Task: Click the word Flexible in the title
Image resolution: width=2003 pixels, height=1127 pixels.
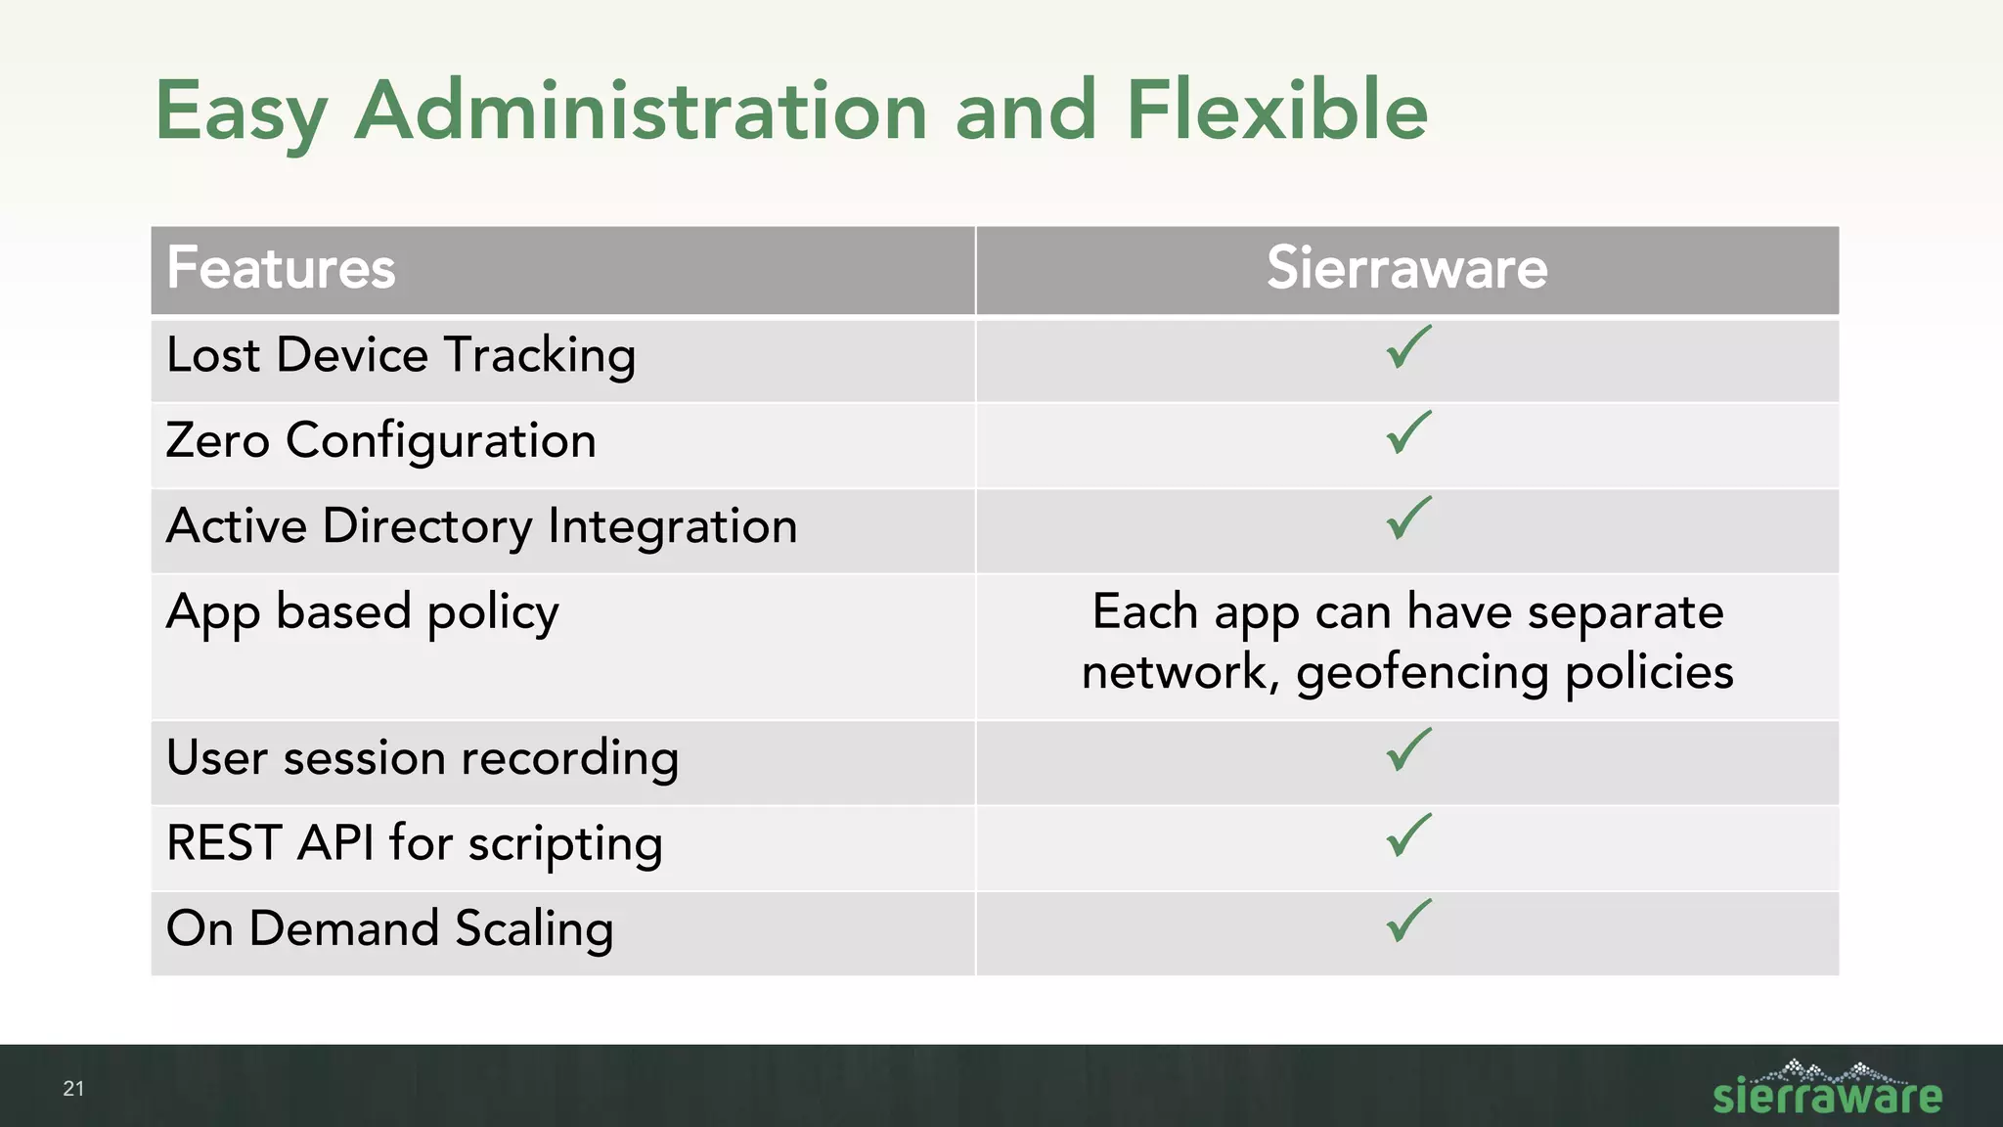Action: click(1276, 111)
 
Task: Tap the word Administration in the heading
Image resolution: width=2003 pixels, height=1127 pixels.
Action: click(641, 111)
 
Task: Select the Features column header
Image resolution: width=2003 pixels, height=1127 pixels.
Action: click(282, 268)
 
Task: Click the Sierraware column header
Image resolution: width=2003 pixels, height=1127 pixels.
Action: click(1406, 268)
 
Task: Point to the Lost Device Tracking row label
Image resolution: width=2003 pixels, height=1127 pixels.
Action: click(401, 355)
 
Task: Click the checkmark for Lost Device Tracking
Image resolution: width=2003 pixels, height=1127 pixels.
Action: click(1407, 348)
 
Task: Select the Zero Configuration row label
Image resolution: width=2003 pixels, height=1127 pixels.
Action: click(381, 441)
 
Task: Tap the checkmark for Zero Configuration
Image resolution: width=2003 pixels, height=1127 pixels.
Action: click(1407, 433)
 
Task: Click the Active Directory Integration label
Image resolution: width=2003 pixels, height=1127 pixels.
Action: click(482, 527)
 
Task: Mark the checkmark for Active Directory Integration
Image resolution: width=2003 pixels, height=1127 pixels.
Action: click(1407, 518)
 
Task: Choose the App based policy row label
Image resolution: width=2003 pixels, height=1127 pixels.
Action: click(363, 613)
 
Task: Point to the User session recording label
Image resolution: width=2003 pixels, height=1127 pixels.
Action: click(423, 759)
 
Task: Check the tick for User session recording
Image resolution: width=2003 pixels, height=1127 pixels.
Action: click(1407, 750)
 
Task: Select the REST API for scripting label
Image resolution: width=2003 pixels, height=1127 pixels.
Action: click(415, 844)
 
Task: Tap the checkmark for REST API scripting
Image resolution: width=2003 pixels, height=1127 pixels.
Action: click(1407, 836)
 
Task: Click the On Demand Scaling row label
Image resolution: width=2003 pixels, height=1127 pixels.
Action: click(390, 929)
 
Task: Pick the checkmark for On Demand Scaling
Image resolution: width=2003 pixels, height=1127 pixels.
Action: click(1407, 922)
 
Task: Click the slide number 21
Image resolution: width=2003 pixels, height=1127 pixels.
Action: click(73, 1089)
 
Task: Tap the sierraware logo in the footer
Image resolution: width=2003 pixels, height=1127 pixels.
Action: click(1826, 1090)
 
